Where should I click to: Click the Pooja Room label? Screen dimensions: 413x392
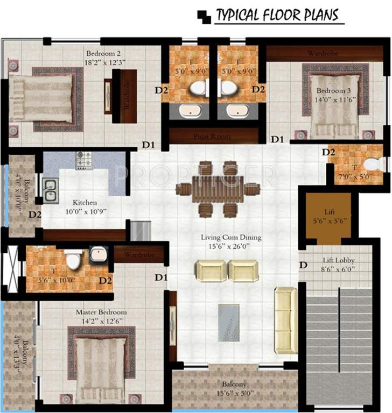tap(212, 137)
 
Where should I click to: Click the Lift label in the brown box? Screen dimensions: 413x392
tap(329, 212)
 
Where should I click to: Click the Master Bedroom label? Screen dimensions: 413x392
tap(101, 312)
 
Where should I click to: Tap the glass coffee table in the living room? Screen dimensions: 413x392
tap(229, 322)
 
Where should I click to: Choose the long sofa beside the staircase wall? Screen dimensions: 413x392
tap(285, 320)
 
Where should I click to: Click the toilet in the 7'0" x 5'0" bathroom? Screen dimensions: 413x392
tap(372, 163)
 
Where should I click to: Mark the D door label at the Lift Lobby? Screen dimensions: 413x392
tap(304, 265)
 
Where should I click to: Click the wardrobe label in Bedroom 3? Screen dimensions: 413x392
tap(322, 53)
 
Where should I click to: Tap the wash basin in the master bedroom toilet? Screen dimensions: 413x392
tap(98, 254)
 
